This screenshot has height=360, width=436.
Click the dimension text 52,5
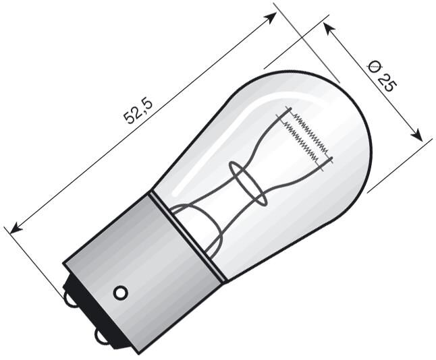138,111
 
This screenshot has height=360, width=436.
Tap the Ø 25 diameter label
381,75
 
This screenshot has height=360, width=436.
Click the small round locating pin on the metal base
120,293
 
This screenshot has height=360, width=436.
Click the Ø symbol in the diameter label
374,65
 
